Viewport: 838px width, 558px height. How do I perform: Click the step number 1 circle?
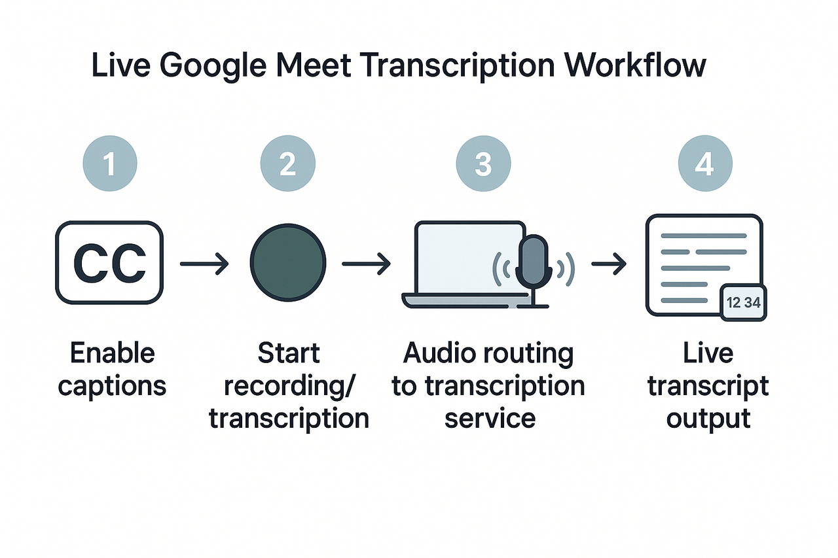click(110, 164)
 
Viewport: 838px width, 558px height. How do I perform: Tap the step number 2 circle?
click(288, 164)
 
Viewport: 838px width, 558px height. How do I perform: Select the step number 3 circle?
click(483, 164)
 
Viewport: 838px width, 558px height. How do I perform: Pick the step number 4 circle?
click(704, 164)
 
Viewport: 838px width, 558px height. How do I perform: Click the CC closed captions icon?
click(109, 263)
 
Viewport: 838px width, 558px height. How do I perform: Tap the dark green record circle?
click(288, 263)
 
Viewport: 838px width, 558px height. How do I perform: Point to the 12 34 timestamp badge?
click(743, 303)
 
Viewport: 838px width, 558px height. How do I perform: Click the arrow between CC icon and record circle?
click(204, 264)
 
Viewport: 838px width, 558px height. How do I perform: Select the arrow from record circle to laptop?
click(366, 264)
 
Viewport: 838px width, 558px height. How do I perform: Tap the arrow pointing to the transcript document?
click(608, 264)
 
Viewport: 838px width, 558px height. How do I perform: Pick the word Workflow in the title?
click(635, 66)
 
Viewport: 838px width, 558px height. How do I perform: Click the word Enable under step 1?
click(112, 353)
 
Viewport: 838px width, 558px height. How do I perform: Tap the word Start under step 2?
click(288, 353)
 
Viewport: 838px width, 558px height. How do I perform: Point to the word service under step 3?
click(490, 418)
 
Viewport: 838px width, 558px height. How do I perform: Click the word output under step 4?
click(708, 418)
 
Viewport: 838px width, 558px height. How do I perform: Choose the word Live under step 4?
click(708, 353)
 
